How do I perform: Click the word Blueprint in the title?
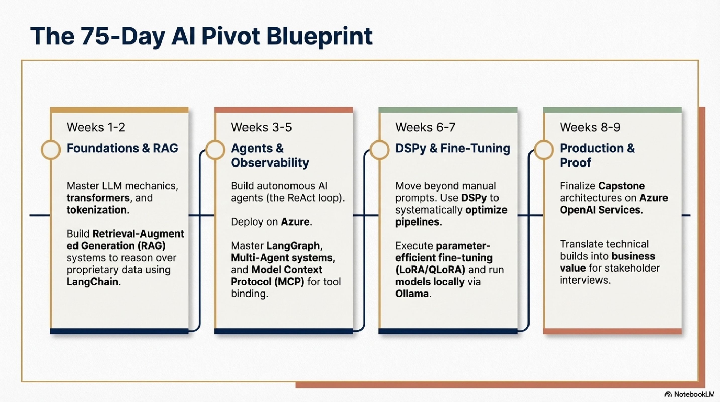(x=319, y=36)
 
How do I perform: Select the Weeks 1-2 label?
(x=96, y=127)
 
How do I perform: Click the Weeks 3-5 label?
(x=261, y=127)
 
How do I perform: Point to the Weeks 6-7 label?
(x=425, y=127)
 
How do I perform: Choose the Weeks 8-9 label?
(x=590, y=127)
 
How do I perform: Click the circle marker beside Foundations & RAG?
(x=51, y=150)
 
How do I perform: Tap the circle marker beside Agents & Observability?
(x=215, y=150)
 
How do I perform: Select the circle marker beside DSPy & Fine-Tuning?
(x=379, y=150)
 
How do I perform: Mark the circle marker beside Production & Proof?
(x=544, y=150)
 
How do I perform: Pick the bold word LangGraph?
(x=293, y=246)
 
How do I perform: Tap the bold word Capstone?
(x=621, y=186)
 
